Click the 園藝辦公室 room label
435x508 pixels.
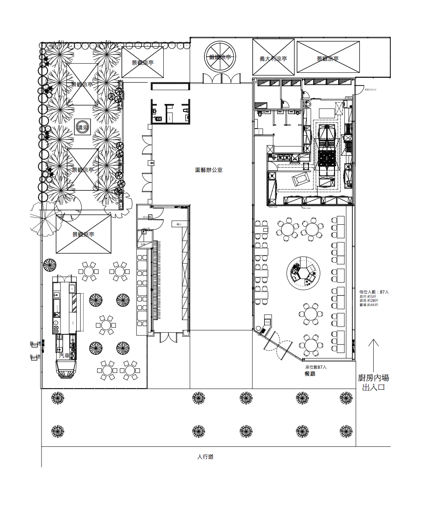(x=209, y=170)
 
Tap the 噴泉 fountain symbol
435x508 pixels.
(x=83, y=127)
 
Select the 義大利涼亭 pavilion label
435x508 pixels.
(x=273, y=59)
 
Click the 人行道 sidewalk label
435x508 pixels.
(x=205, y=457)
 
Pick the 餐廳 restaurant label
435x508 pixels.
(x=310, y=374)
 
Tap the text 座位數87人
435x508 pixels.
(x=316, y=367)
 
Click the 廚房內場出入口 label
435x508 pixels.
(x=373, y=383)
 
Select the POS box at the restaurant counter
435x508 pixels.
(x=267, y=322)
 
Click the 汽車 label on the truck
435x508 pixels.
(x=64, y=356)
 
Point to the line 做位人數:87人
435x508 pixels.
(x=374, y=292)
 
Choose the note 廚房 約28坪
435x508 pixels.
(x=369, y=300)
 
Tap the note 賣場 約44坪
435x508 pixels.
(x=369, y=305)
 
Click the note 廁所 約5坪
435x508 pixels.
(x=368, y=296)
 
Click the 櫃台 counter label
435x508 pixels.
(x=179, y=224)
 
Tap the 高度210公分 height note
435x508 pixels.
(x=371, y=90)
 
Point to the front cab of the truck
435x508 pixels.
(x=66, y=370)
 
